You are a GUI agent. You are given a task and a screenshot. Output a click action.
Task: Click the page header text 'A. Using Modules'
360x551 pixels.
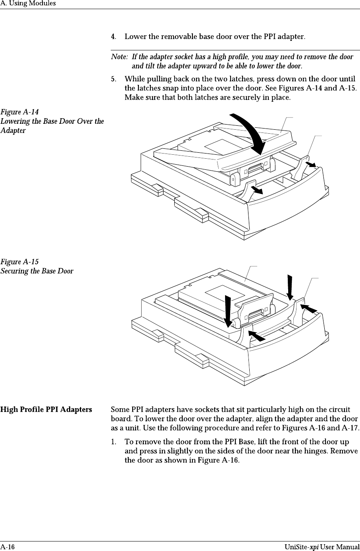point(28,4)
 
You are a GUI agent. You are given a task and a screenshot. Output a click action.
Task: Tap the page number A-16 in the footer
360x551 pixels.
point(8,547)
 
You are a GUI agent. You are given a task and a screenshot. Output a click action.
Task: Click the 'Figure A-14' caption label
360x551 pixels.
point(19,112)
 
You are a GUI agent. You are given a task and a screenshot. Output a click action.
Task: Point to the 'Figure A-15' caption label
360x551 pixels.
point(19,262)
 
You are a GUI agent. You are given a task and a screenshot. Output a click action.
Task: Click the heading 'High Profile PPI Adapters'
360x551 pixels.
point(46,409)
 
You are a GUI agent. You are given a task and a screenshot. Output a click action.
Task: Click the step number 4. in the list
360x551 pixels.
point(114,37)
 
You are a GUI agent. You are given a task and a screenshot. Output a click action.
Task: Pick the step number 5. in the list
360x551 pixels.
point(114,79)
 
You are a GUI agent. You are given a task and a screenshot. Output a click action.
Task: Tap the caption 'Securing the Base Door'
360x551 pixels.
point(37,271)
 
